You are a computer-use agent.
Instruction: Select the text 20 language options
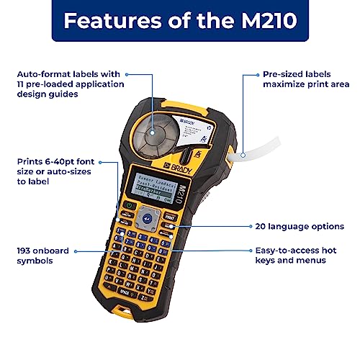(296, 225)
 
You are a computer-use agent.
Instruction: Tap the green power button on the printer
(129, 205)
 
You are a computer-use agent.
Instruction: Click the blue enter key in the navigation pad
(148, 215)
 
